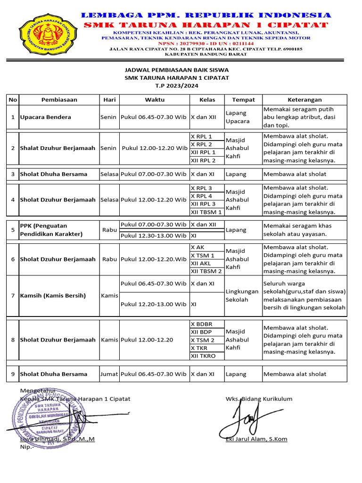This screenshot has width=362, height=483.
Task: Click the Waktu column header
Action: coord(155,100)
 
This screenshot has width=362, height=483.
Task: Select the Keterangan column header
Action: coord(304,100)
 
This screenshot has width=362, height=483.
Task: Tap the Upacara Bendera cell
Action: coord(45,117)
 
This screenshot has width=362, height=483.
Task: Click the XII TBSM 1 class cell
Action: coord(206,212)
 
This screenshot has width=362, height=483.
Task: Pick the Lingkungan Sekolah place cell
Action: coord(242,296)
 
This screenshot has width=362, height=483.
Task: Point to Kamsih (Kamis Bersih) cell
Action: coord(53,296)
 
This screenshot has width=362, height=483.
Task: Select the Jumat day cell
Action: coord(109,374)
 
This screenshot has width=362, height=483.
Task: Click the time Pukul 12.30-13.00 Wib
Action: coord(154,235)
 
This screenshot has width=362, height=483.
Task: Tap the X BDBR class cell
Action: coord(202,324)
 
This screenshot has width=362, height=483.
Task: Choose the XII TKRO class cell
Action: coord(203,356)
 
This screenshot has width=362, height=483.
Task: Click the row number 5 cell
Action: coord(13,230)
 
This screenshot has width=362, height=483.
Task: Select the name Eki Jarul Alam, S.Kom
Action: coord(256,439)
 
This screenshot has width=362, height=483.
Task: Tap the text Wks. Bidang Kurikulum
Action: coord(259,399)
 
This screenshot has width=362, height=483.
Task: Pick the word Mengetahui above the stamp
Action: coord(38,391)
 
